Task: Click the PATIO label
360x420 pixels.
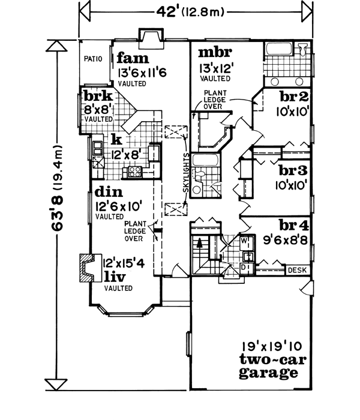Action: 94,59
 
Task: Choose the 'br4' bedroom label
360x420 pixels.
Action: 294,226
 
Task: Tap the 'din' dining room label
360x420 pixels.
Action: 109,194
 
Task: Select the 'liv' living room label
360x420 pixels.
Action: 116,277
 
